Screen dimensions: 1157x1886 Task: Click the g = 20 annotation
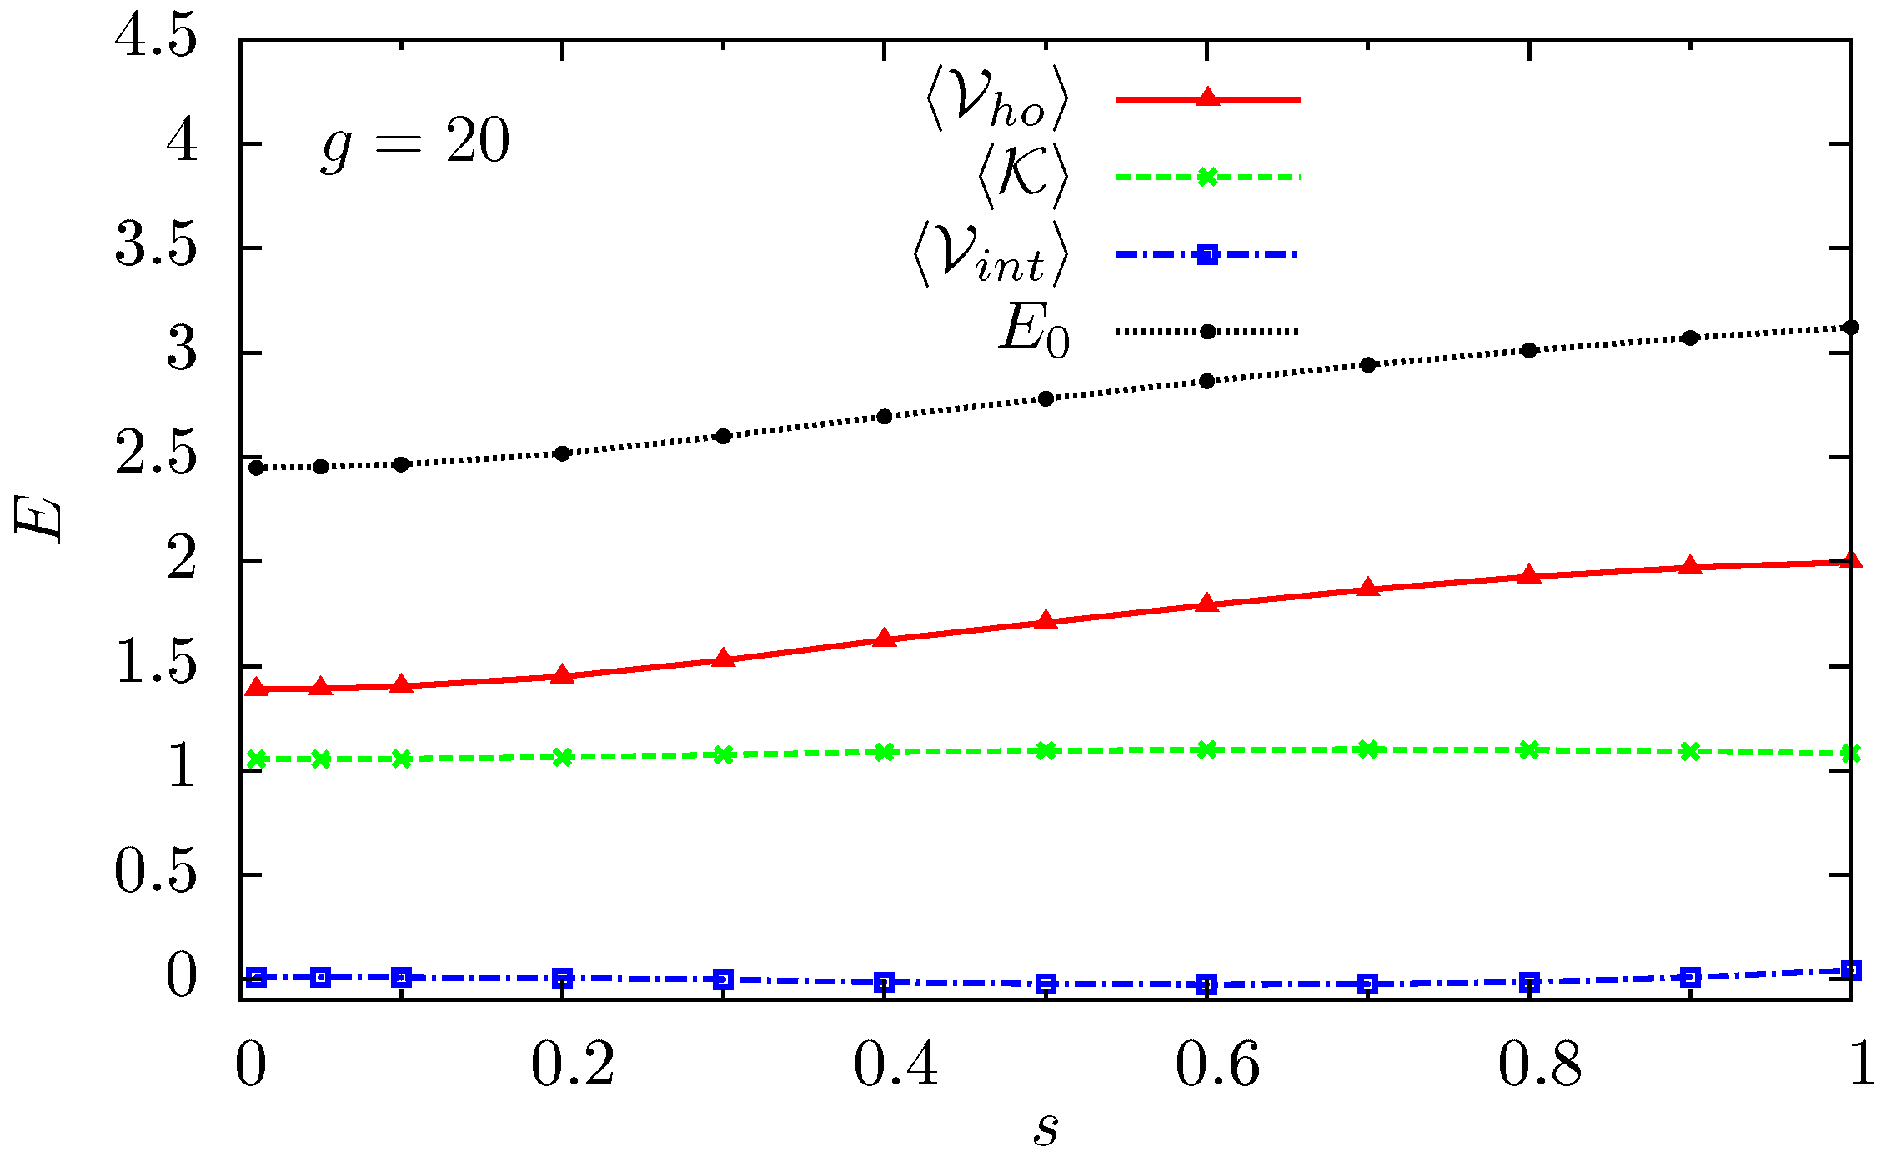pyautogui.click(x=415, y=143)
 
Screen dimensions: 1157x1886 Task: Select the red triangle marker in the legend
pyautogui.click(x=1207, y=98)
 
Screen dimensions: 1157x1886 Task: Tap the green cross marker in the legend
pyautogui.click(x=1207, y=177)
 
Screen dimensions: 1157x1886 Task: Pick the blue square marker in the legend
pyautogui.click(x=1207, y=254)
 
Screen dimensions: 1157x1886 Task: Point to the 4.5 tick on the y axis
pyautogui.click(x=156, y=38)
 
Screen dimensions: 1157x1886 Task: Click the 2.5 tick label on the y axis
pyautogui.click(x=156, y=456)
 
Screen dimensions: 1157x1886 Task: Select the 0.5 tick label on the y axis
pyautogui.click(x=156, y=874)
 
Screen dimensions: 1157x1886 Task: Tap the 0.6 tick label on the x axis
pyautogui.click(x=1217, y=1065)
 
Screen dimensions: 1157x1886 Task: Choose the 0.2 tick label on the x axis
pyautogui.click(x=573, y=1065)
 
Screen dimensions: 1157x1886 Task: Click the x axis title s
pyautogui.click(x=1046, y=1130)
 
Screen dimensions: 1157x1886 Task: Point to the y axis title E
pyautogui.click(x=38, y=518)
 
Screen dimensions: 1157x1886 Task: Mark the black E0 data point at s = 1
pyautogui.click(x=1851, y=328)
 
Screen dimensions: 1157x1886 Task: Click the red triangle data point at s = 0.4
pyautogui.click(x=885, y=639)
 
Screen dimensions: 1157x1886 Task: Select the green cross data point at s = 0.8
pyautogui.click(x=1528, y=749)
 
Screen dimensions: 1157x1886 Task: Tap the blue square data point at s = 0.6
pyautogui.click(x=1206, y=985)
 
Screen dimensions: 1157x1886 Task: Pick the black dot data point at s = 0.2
pyautogui.click(x=562, y=453)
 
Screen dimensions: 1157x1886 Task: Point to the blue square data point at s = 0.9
pyautogui.click(x=1690, y=978)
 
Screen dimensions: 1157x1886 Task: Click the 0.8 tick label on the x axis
pyautogui.click(x=1539, y=1065)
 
